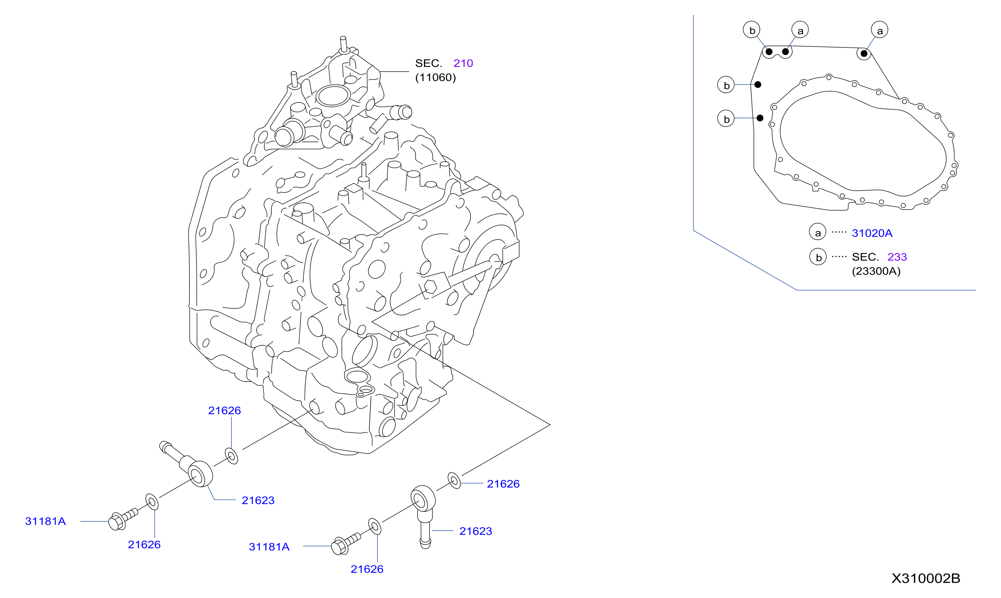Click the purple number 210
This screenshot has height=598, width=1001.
point(463,63)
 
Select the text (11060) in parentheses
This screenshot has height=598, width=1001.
point(436,77)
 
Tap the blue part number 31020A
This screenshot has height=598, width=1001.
point(872,233)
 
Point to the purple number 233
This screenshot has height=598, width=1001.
point(897,257)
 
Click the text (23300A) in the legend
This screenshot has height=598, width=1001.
point(876,271)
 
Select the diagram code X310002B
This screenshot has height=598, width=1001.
point(926,578)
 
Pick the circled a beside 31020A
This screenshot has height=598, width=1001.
point(818,232)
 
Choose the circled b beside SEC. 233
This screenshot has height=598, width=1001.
point(818,256)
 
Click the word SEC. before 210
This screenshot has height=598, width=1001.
point(428,63)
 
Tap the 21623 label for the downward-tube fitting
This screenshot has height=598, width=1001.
point(476,531)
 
